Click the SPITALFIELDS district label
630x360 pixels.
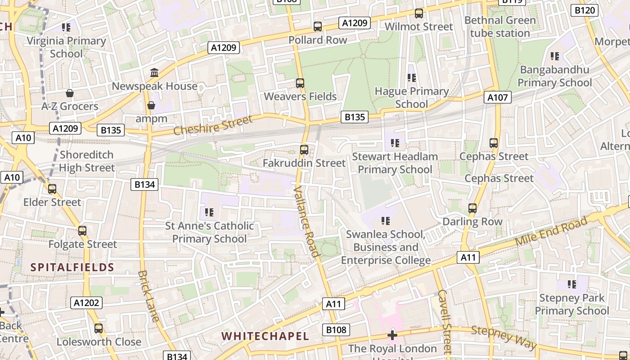pos(72,267)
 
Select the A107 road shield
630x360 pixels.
pos(498,97)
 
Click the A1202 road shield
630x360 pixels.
pos(86,303)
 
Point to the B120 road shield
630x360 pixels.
pos(584,10)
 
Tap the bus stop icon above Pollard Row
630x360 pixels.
pos(318,27)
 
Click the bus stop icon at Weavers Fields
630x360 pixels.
pos(300,83)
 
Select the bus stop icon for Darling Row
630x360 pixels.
pos(472,208)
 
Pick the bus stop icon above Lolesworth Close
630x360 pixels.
pos(99,328)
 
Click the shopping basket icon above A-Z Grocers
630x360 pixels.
pos(70,93)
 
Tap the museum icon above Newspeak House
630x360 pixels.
pos(154,72)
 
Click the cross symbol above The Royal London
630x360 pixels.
pos(392,335)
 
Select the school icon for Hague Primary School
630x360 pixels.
pos(411,78)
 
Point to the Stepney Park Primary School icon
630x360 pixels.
pos(572,284)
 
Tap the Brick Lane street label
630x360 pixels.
pos(148,296)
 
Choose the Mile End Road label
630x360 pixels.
pos(551,231)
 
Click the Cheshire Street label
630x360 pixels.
pos(213,125)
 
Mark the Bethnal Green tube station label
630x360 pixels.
pos(500,27)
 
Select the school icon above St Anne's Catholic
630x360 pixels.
pos(209,212)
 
